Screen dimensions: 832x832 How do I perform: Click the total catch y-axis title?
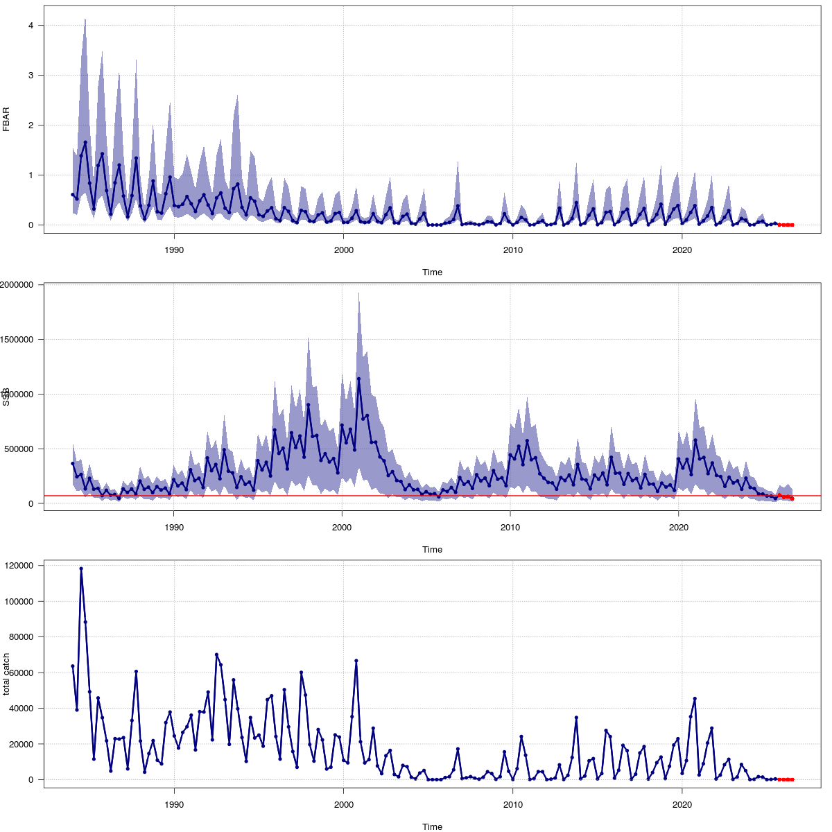pyautogui.click(x=6, y=674)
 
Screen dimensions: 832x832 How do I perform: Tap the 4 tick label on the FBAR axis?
pyautogui.click(x=31, y=26)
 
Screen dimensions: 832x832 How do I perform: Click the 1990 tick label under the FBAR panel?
pyautogui.click(x=173, y=250)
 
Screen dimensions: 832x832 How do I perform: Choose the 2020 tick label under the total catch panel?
pyautogui.click(x=682, y=805)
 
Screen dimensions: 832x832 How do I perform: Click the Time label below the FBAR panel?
pyautogui.click(x=432, y=272)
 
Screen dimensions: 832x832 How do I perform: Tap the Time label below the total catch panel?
pyautogui.click(x=432, y=826)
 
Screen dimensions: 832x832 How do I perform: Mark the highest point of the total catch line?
pyautogui.click(x=81, y=569)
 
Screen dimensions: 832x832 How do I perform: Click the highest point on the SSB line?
pyautogui.click(x=358, y=379)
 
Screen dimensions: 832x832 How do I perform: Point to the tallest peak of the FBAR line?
pyautogui.click(x=85, y=142)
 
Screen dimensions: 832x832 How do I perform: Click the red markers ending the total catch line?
pyautogui.click(x=786, y=779)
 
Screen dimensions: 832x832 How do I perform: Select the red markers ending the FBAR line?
pyautogui.click(x=786, y=225)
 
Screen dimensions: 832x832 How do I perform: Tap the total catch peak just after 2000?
pyautogui.click(x=356, y=661)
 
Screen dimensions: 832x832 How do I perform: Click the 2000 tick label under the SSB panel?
pyautogui.click(x=342, y=528)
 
